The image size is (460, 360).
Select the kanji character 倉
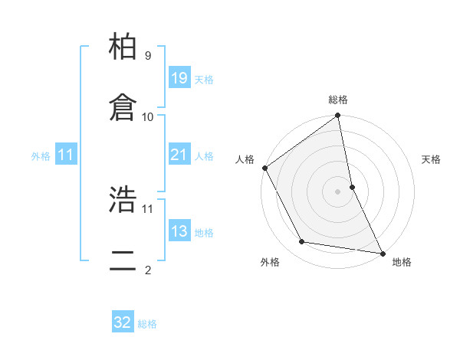123,108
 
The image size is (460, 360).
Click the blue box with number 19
179,77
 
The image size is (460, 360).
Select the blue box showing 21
179,155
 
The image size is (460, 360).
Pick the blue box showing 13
179,231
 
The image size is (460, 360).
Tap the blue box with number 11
65,155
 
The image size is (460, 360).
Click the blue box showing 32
123,322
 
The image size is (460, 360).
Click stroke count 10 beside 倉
148,116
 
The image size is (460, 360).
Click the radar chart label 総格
338,100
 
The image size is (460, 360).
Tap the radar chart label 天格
432,159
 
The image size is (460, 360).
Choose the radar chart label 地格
402,262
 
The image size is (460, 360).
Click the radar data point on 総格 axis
338,116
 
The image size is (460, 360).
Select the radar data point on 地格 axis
382,252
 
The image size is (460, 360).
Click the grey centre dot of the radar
338,191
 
